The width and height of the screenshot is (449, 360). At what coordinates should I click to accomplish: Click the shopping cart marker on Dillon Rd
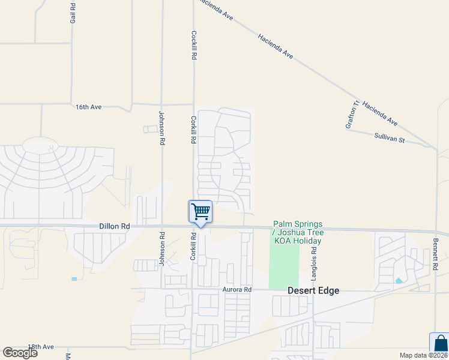tap(200, 212)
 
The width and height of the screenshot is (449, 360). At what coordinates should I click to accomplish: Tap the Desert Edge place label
tap(313, 290)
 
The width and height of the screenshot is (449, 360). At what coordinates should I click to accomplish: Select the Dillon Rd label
tap(114, 226)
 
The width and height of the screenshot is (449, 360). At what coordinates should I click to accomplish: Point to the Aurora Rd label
tap(236, 289)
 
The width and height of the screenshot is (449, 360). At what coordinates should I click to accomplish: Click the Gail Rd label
tap(73, 12)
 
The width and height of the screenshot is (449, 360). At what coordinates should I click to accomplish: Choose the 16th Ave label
tap(89, 107)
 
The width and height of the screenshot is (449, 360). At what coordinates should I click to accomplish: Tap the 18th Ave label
tap(41, 347)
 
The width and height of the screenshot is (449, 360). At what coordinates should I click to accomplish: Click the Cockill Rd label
tap(194, 45)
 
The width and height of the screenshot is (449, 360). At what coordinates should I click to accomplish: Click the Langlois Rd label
tap(313, 264)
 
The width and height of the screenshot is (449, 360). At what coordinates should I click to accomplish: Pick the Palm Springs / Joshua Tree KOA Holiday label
tap(298, 232)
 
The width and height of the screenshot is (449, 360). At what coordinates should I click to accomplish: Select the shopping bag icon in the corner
tap(440, 344)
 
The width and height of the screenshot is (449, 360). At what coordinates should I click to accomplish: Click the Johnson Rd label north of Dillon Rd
tap(161, 128)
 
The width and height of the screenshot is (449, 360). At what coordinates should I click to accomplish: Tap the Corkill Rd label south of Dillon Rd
tap(193, 247)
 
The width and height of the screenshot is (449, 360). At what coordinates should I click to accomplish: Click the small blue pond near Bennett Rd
tap(399, 280)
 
